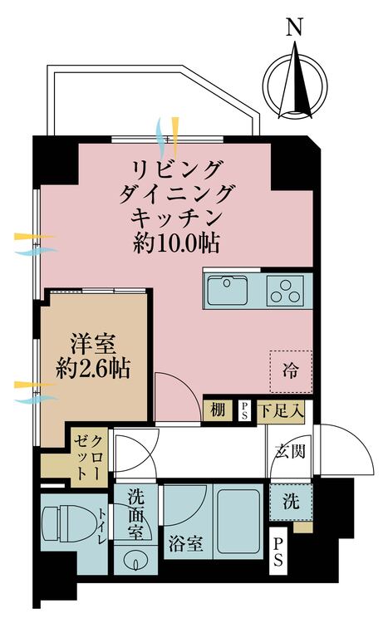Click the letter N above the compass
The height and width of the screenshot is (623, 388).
[293, 27]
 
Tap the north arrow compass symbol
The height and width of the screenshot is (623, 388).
[294, 81]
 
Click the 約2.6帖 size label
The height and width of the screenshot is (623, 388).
[92, 368]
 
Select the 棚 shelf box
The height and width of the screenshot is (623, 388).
[217, 410]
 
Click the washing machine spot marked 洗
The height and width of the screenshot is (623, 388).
[290, 503]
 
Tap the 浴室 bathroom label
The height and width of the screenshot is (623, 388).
[184, 544]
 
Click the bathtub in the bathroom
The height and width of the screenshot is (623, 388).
[239, 521]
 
